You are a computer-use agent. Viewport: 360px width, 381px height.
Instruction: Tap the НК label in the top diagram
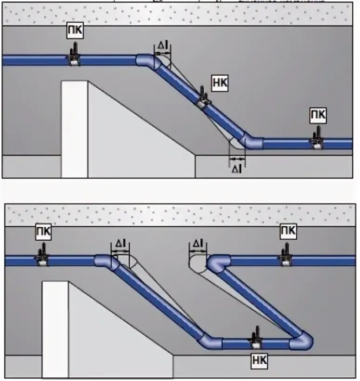pyautogui.click(x=219, y=81)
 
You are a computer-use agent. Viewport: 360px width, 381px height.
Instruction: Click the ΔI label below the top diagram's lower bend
pyautogui.click(x=237, y=170)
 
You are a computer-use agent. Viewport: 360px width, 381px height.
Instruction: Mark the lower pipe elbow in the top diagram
pyautogui.click(x=252, y=141)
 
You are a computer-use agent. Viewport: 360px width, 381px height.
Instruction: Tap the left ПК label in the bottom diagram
pyautogui.click(x=43, y=231)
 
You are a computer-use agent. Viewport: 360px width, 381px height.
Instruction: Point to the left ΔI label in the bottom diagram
pyautogui.click(x=120, y=243)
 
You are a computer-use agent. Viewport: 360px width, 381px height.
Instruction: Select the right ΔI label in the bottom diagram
pyautogui.click(x=197, y=243)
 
